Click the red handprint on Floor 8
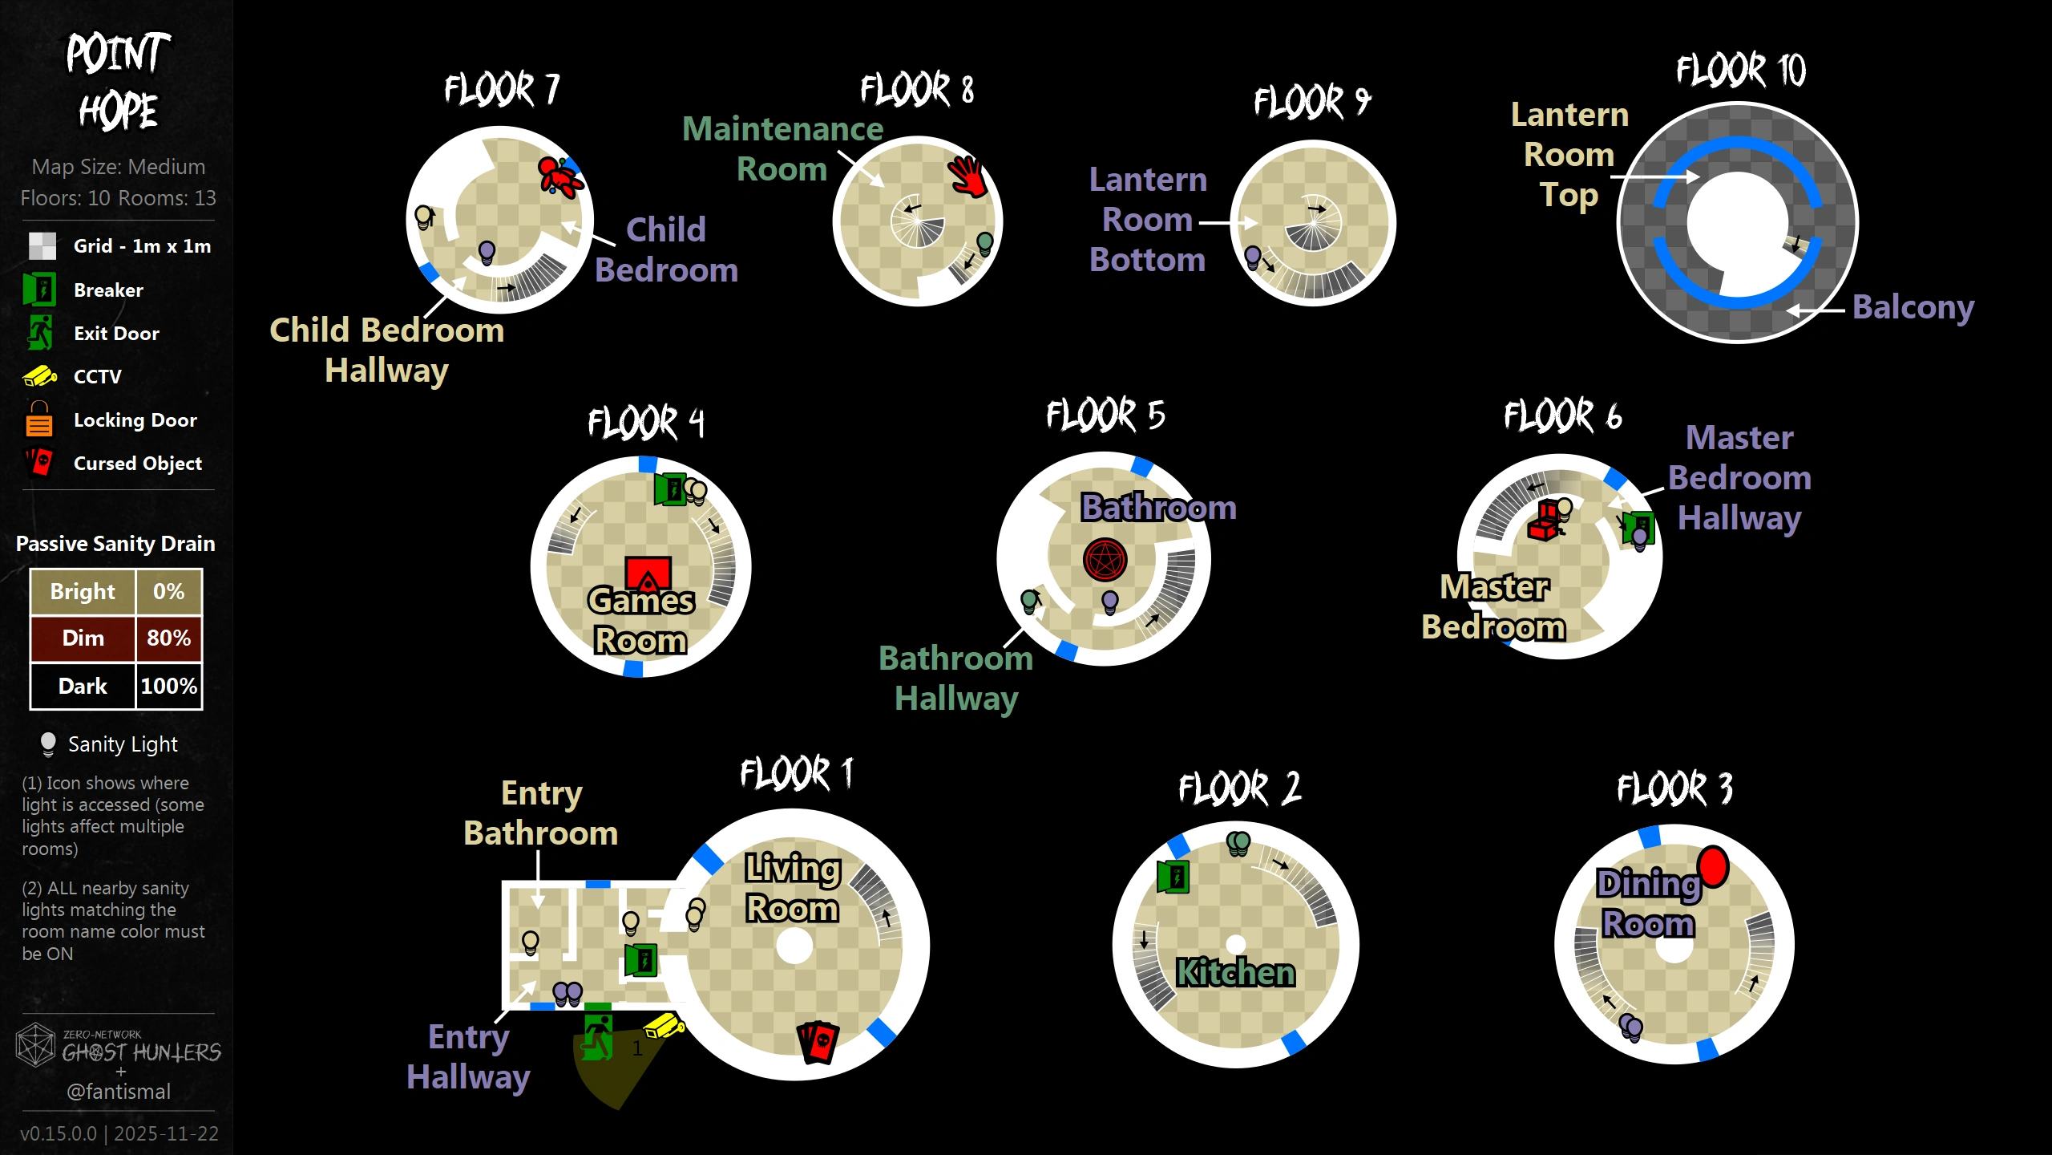point(967,176)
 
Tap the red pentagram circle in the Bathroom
point(1105,560)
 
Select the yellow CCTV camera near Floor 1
point(664,1026)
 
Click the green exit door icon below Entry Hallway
point(598,1036)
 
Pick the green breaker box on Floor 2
point(1173,876)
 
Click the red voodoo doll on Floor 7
point(559,177)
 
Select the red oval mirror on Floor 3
point(1713,866)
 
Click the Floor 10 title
point(1741,71)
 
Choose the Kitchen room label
point(1235,972)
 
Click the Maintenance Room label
point(782,149)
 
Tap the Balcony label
point(1913,306)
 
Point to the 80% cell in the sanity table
point(168,638)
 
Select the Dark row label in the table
point(83,687)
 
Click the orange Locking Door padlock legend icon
point(38,419)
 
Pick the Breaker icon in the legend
point(39,290)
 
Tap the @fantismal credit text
point(119,1092)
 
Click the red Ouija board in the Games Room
point(648,574)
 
